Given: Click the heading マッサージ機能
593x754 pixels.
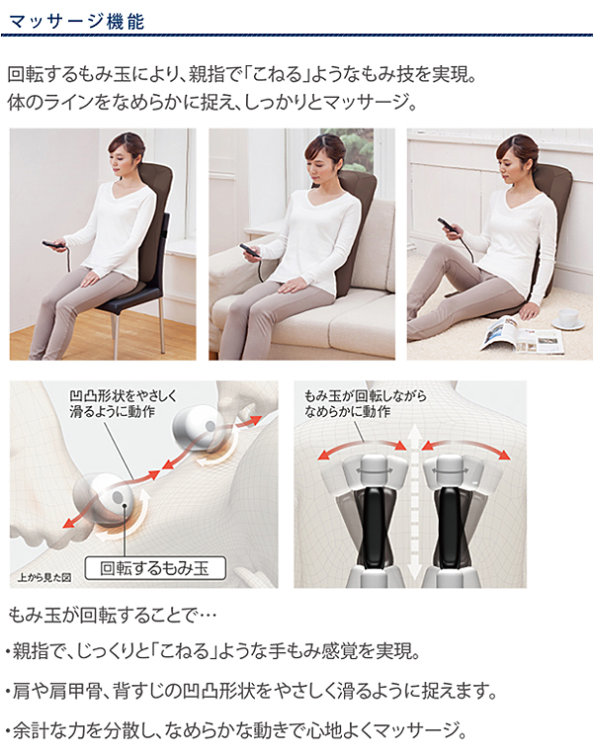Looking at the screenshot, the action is [x=76, y=22].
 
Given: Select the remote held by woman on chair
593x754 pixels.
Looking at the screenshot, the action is [x=54, y=245].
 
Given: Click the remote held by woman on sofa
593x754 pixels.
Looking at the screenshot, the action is [x=251, y=251].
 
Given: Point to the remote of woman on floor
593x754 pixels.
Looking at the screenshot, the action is [x=449, y=225].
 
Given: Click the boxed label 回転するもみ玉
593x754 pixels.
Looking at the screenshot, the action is [x=155, y=568].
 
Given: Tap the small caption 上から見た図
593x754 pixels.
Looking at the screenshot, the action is [x=44, y=577].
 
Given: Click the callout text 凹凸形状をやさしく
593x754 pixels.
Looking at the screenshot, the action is [x=124, y=395].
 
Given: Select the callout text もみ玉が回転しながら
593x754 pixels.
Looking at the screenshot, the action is [x=365, y=395].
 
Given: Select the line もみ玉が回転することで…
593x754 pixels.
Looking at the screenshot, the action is [x=113, y=615].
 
